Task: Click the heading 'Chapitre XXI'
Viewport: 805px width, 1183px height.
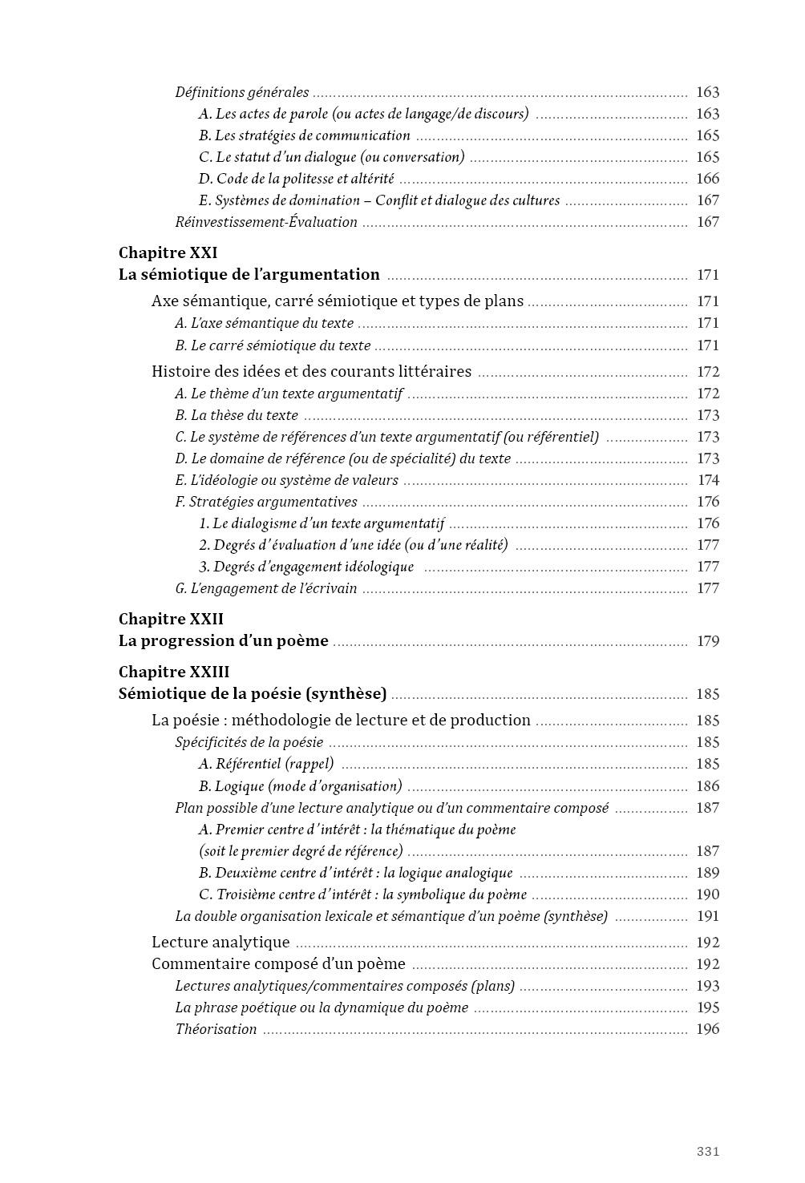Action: [x=168, y=253]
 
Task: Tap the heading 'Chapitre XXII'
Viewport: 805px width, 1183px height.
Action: [x=171, y=620]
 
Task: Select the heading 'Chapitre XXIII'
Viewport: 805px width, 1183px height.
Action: [x=173, y=672]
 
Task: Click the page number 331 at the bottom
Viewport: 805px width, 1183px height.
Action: [x=708, y=1152]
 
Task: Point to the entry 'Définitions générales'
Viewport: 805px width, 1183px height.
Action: [x=242, y=92]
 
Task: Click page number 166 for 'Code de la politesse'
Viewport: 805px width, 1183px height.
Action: [x=708, y=179]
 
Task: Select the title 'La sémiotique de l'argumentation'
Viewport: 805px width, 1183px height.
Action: [x=249, y=275]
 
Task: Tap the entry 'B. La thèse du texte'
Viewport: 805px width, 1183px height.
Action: [x=237, y=415]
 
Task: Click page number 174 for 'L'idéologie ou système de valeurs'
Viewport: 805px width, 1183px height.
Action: [x=709, y=480]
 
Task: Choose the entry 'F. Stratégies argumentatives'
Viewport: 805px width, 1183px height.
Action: [x=266, y=502]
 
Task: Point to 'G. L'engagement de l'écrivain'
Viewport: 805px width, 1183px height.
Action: [x=266, y=588]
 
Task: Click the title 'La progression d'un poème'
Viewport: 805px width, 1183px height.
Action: [x=223, y=641]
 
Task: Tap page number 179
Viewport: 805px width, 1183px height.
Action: [x=708, y=641]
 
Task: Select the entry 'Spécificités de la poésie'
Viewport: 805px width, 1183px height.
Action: [x=249, y=742]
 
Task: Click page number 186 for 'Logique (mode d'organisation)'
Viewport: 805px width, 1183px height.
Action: [x=708, y=786]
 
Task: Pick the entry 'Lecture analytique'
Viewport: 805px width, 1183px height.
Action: [x=220, y=943]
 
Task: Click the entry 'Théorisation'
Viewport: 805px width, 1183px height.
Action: [x=216, y=1029]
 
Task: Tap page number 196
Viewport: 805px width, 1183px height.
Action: [x=708, y=1029]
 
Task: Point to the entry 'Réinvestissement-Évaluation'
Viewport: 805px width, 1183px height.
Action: [x=266, y=222]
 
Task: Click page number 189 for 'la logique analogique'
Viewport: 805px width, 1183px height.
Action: [x=708, y=873]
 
